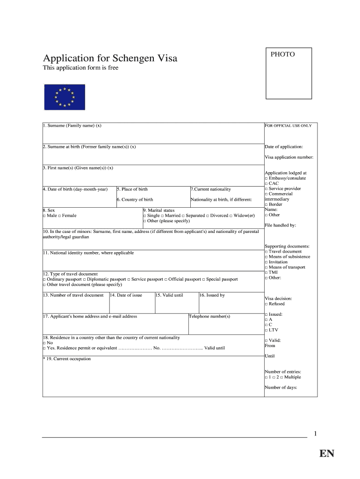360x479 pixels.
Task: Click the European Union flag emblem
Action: [65, 97]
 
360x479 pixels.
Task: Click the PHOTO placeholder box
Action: [288, 73]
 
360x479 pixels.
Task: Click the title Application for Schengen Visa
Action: [110, 58]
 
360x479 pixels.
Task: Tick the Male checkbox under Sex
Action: [44, 216]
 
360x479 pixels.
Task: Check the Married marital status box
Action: [163, 216]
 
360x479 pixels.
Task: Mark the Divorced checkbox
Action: [208, 216]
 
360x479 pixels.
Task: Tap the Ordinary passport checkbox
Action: [44, 279]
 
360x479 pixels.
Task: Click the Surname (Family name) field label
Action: [72, 126]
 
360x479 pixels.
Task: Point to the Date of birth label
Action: [75, 189]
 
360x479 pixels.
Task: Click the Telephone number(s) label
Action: [209, 317]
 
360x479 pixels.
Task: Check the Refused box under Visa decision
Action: [266, 304]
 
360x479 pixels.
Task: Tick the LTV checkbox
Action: [266, 330]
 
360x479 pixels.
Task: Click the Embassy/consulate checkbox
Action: [266, 178]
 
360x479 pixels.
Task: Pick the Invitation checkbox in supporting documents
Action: [266, 262]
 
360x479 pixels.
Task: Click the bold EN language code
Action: [327, 454]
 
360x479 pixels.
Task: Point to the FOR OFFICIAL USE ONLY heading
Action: [288, 126]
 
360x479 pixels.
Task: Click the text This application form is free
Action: [80, 68]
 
